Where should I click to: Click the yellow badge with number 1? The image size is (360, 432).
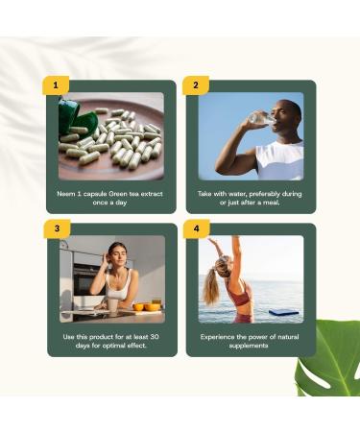tap(56, 85)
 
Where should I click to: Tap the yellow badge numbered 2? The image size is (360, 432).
tap(196, 85)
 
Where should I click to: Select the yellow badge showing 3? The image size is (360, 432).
tap(57, 228)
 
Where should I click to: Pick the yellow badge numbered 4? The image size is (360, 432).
tap(196, 228)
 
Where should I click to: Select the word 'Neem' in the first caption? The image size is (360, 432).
tap(66, 193)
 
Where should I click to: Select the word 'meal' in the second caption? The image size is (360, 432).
tap(271, 203)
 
